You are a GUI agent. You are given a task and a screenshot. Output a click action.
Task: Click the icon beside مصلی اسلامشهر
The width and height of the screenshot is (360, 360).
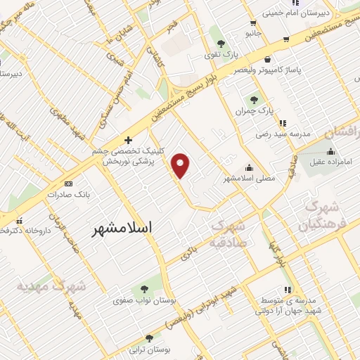pyautogui.click(x=250, y=167)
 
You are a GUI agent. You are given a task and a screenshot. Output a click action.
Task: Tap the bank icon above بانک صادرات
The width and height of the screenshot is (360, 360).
pyautogui.click(x=68, y=181)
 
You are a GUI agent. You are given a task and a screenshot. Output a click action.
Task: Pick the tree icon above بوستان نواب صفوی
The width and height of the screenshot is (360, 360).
pyautogui.click(x=144, y=290)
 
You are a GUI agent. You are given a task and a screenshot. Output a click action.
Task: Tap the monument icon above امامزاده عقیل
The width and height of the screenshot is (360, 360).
pyautogui.click(x=330, y=152)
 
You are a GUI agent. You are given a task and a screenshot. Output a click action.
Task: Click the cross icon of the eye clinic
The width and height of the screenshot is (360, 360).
pyautogui.click(x=128, y=139)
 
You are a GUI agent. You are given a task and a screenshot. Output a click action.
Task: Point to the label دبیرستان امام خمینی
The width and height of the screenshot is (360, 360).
pyautogui.click(x=296, y=13)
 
